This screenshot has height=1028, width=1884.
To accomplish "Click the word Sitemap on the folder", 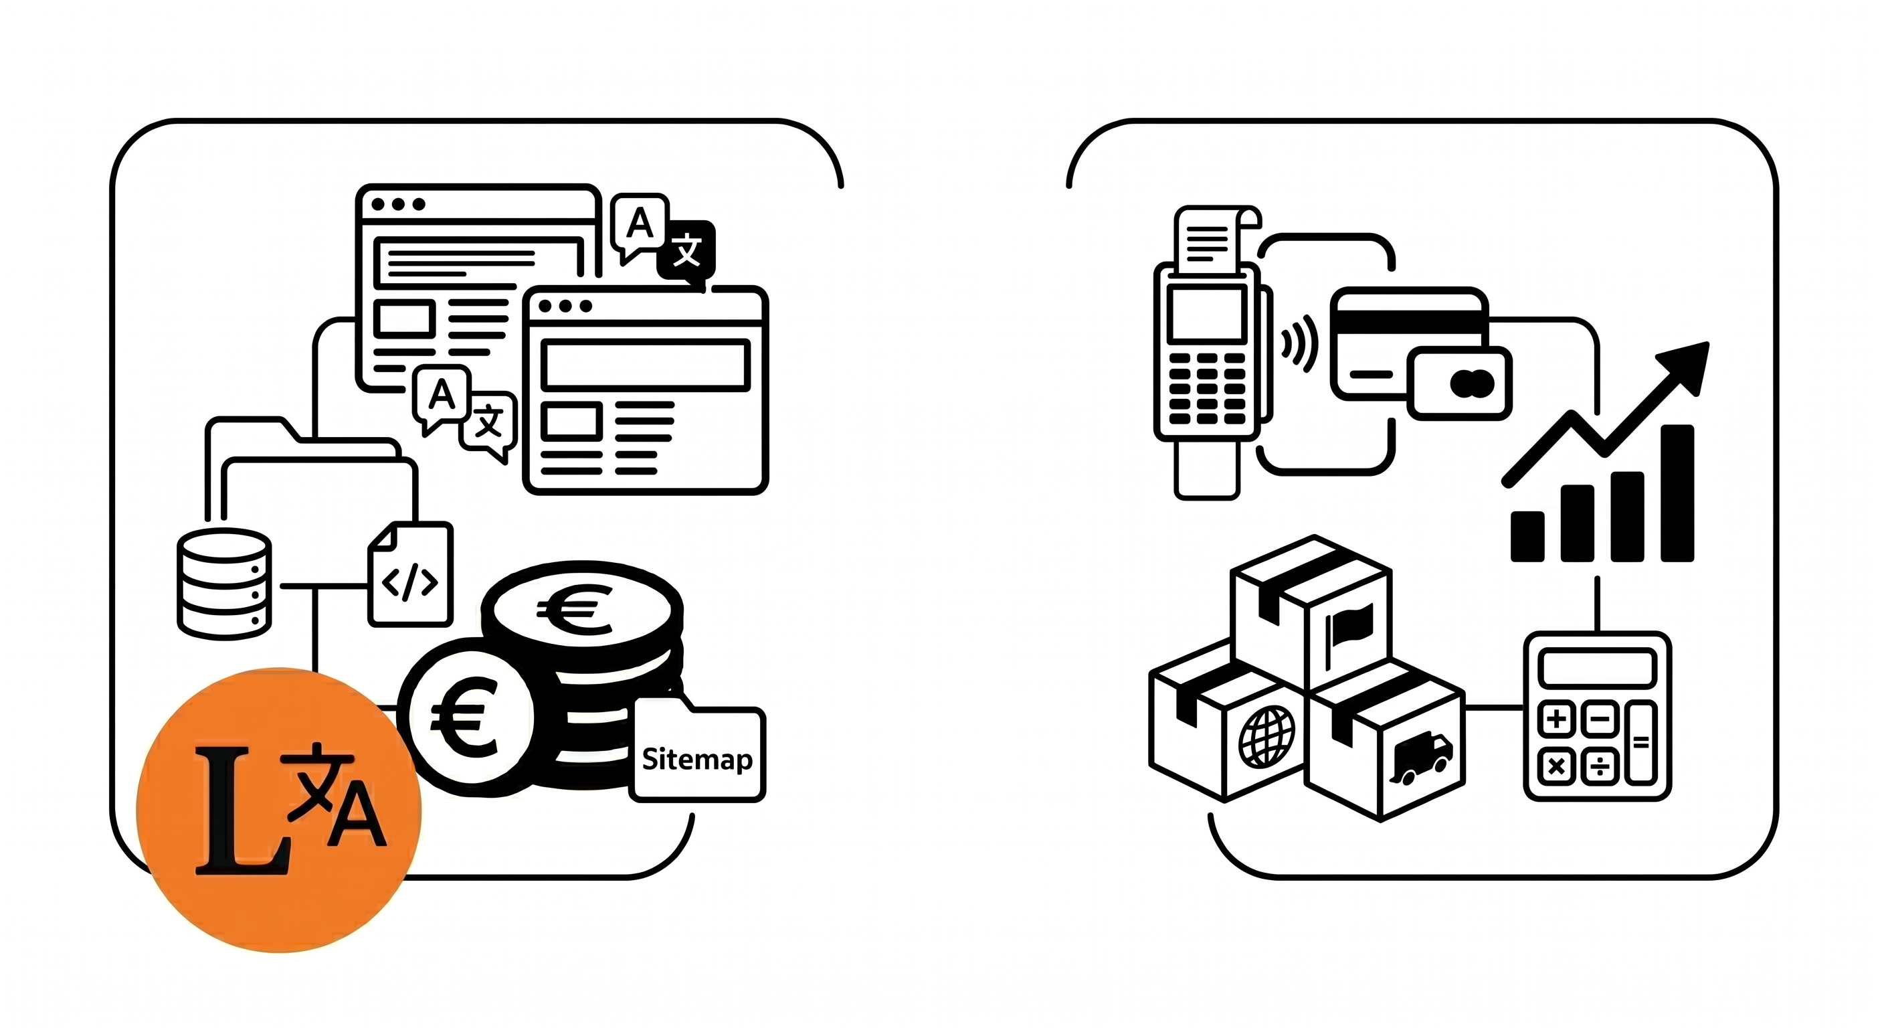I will click(x=697, y=760).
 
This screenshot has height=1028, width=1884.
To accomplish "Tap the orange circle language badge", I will click(x=278, y=809).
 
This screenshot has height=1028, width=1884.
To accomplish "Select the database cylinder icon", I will click(x=224, y=583).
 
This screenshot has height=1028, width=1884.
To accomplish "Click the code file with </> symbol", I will click(x=410, y=576).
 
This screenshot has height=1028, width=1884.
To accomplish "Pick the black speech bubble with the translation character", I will click(x=686, y=251).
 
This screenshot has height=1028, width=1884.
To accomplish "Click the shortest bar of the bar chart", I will click(x=1527, y=535).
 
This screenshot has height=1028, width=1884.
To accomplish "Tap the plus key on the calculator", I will click(x=1556, y=719).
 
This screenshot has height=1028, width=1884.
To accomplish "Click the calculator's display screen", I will click(x=1596, y=668).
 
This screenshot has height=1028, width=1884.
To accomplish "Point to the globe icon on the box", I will click(x=1266, y=736).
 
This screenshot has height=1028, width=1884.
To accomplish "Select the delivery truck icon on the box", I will click(x=1421, y=758).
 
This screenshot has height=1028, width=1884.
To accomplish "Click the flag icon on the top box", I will click(x=1349, y=628).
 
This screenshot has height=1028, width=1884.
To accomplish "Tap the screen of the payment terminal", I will click(x=1206, y=314).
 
